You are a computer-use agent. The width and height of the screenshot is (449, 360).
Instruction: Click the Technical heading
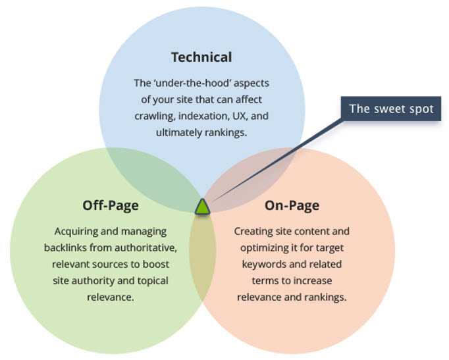201,57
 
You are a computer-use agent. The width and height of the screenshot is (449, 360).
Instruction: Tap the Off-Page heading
111,205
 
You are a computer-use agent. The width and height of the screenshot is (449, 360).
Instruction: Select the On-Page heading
292,205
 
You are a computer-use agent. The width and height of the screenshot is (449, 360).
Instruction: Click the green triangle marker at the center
202,207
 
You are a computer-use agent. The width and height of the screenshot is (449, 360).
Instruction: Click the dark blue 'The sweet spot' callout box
391,109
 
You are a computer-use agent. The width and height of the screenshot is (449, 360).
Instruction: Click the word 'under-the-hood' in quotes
184,84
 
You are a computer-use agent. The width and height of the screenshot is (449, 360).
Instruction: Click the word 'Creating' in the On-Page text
253,232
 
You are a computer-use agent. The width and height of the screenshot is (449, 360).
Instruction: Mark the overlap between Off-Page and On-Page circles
202,253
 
